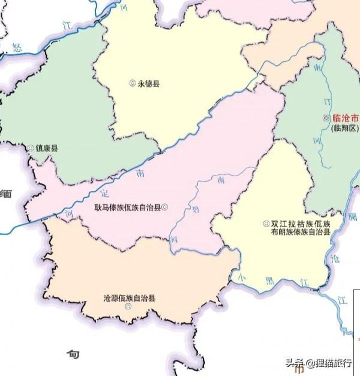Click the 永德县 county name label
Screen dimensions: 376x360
149,84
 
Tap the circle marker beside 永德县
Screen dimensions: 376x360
133,83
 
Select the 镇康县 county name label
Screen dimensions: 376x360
46,148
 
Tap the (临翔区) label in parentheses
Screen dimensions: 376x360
344,128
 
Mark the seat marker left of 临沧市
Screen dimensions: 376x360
326,118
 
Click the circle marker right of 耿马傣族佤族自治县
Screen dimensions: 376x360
165,208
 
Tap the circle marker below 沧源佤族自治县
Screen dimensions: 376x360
128,307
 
